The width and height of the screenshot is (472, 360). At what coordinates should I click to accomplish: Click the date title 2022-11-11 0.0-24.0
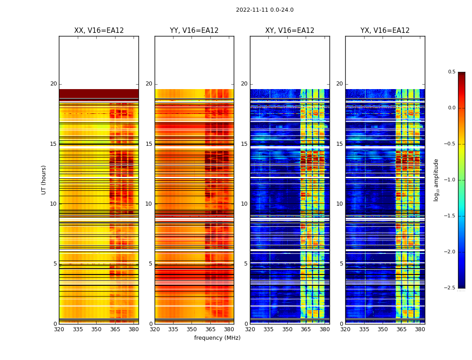pos(264,10)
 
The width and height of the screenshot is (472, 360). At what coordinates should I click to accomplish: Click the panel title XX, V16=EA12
pos(99,31)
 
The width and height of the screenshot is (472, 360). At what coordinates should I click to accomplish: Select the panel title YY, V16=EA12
pos(194,31)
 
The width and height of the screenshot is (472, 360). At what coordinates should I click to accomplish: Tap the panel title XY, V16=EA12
pos(289,31)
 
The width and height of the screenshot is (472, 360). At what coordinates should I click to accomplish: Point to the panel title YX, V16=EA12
pos(385,31)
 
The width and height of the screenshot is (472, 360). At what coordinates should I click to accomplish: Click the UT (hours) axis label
pos(44,180)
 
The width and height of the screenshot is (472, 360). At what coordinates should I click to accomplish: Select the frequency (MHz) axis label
pos(217,338)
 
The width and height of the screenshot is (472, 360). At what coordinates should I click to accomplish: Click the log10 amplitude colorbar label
pos(436,180)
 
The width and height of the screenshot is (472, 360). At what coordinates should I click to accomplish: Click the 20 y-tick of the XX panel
pos(53,84)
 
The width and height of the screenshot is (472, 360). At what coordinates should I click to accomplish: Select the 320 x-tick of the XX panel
pos(59,329)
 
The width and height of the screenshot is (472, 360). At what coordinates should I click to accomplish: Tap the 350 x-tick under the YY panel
pos(192,329)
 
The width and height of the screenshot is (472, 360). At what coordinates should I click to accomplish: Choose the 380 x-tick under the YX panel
pos(420,329)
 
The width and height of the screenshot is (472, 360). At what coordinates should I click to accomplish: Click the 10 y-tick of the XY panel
pos(244,204)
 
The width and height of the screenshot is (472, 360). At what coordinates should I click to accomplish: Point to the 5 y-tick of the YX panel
pos(341,264)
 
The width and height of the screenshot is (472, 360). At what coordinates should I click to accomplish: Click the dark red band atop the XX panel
pos(98,94)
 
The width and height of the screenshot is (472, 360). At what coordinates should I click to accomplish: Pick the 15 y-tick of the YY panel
pos(149,144)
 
